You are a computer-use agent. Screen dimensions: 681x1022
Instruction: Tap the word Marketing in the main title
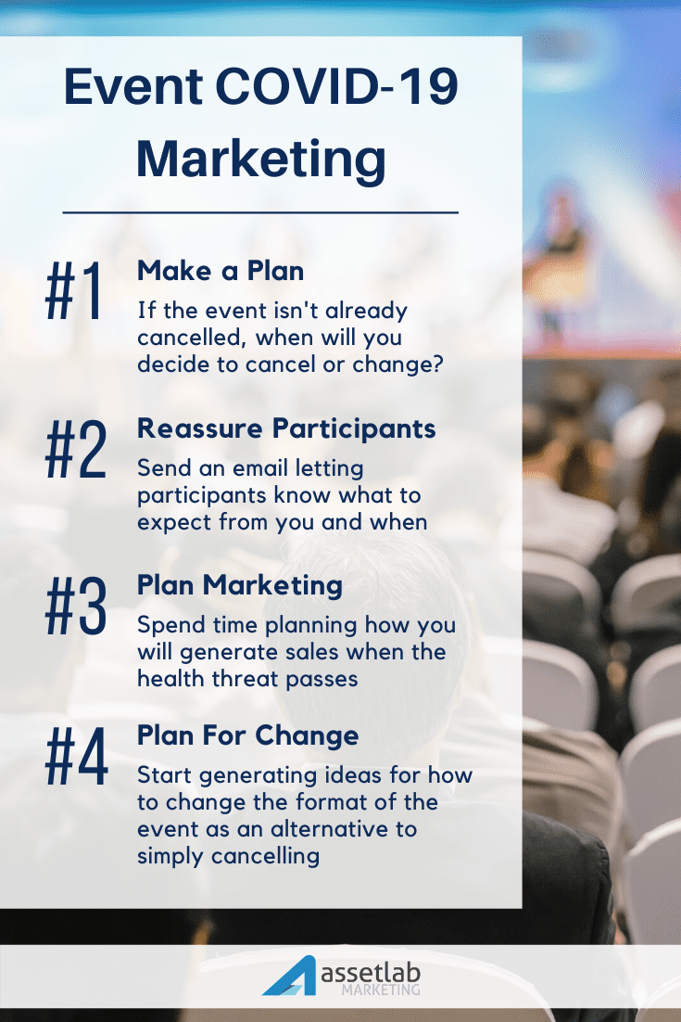[x=261, y=160]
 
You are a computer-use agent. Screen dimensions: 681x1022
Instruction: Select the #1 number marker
[x=73, y=290]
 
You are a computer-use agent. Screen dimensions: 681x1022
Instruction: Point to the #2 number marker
[x=76, y=450]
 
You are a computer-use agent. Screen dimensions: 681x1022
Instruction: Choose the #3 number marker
[x=76, y=607]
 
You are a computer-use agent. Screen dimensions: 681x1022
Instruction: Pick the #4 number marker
[x=76, y=757]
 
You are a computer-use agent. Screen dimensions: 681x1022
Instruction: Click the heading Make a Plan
[x=221, y=271]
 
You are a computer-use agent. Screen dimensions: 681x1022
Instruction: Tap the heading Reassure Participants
[x=286, y=428]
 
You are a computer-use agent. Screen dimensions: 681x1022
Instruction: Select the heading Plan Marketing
[x=240, y=586]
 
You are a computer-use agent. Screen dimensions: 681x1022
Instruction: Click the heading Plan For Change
[x=247, y=736]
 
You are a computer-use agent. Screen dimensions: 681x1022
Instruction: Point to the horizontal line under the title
[x=260, y=212]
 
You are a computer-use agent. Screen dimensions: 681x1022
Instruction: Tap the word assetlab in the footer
[x=372, y=974]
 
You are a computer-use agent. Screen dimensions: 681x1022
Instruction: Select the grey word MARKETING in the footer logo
[x=381, y=990]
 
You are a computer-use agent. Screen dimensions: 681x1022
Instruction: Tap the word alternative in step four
[x=330, y=829]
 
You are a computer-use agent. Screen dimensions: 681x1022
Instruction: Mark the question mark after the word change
[x=436, y=364]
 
